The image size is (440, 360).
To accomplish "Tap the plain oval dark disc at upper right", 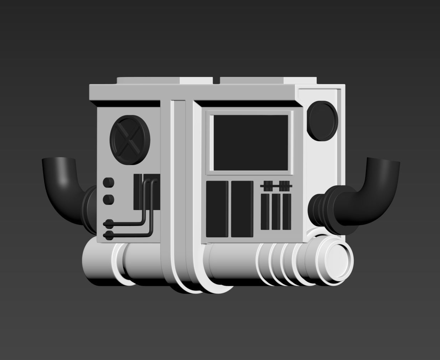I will (322, 121).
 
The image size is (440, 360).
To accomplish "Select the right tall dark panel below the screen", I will (242, 209).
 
